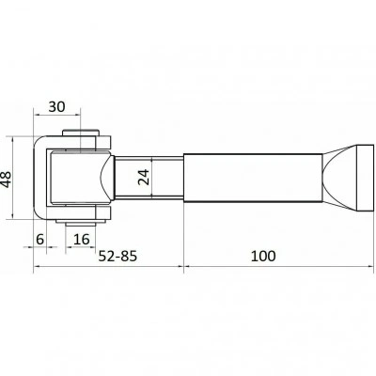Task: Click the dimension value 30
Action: [x=56, y=107]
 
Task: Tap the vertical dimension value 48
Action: [x=7, y=179]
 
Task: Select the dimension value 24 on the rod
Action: [x=144, y=178]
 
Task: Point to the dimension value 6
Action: [x=39, y=240]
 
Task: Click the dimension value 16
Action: [x=82, y=240]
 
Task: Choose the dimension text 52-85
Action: [x=117, y=256]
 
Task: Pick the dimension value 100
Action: [x=263, y=256]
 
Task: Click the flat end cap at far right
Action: [x=366, y=178]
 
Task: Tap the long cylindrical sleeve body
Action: [x=253, y=178]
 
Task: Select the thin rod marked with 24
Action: [x=149, y=178]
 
